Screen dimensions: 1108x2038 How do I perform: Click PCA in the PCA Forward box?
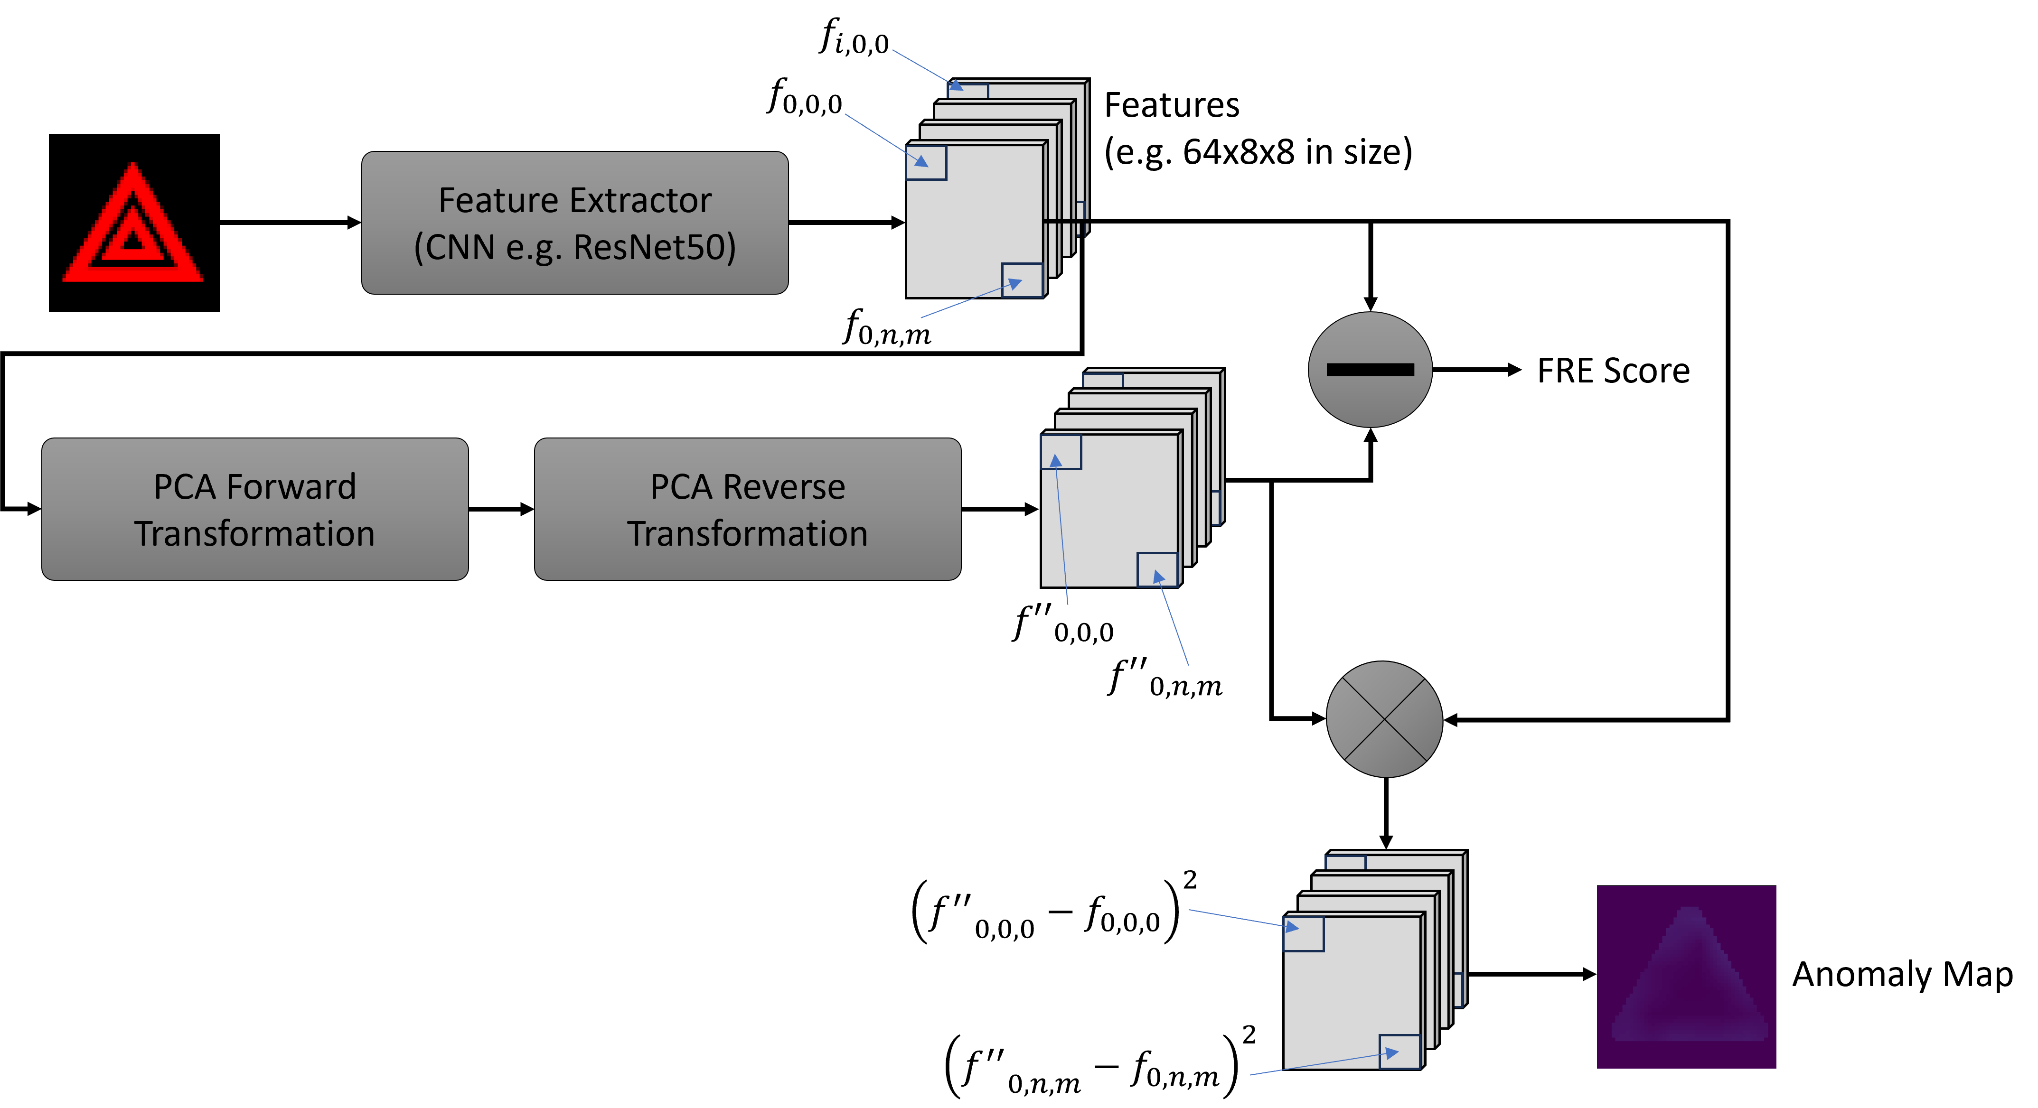pos(184,486)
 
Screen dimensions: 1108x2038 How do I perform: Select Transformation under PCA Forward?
pos(255,534)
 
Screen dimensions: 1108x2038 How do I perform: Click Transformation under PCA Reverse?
pos(748,534)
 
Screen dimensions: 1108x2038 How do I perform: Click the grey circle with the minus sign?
pos(1370,369)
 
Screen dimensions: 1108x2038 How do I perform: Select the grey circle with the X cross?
pos(1384,719)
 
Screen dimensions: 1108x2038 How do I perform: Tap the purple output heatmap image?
pos(1686,976)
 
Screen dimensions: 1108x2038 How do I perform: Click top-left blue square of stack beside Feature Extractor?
pos(927,163)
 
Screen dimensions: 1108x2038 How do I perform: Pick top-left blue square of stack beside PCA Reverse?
pos(1061,452)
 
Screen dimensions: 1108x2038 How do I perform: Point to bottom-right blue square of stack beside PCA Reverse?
pos(1156,569)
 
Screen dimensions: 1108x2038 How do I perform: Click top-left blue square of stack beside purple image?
pos(1303,934)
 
